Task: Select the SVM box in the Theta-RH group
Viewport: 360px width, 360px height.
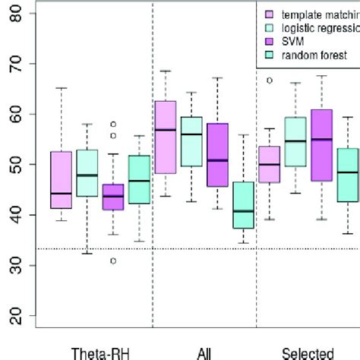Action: (x=112, y=197)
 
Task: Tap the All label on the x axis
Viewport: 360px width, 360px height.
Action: (x=204, y=353)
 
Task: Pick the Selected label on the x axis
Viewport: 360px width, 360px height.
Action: (x=308, y=353)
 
